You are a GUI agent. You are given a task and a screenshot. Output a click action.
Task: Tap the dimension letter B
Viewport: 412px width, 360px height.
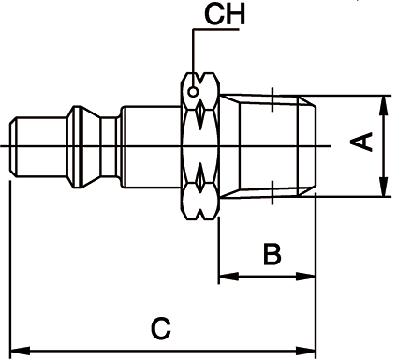coord(270,253)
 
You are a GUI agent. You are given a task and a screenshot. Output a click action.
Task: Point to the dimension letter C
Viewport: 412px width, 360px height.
coord(161,328)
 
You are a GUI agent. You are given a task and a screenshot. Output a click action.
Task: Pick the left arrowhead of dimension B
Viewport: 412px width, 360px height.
coord(225,277)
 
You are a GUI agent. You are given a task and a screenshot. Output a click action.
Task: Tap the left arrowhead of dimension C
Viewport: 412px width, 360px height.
coord(16,352)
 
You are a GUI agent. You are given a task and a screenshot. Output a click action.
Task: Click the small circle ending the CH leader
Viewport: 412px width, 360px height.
coord(193,92)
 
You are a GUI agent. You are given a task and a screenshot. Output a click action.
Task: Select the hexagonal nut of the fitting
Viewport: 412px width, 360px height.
coord(200,145)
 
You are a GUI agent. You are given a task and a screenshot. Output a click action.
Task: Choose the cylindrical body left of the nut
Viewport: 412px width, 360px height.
coord(150,145)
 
